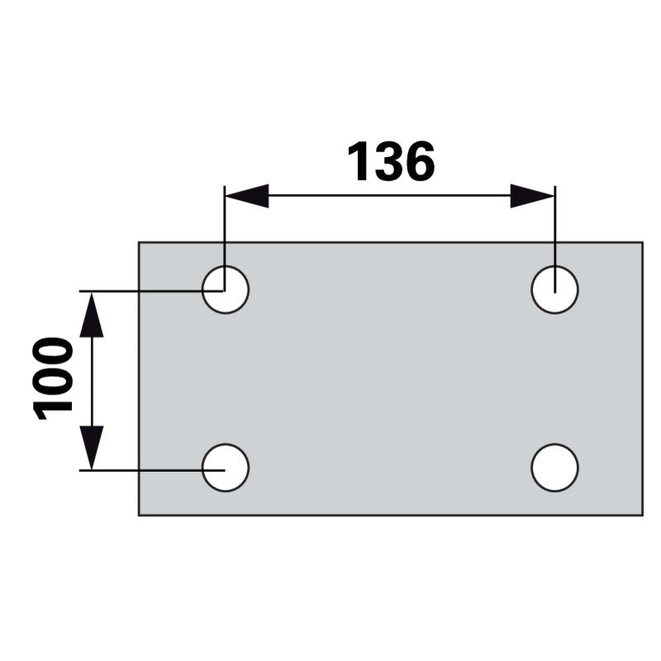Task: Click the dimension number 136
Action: pyautogui.click(x=391, y=162)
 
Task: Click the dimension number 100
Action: pyautogui.click(x=52, y=378)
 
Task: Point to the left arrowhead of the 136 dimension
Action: pyautogui.click(x=247, y=196)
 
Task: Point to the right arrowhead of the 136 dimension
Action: pyautogui.click(x=532, y=196)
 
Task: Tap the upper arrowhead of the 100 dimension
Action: pyautogui.click(x=92, y=315)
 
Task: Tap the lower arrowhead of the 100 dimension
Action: pyautogui.click(x=92, y=447)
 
